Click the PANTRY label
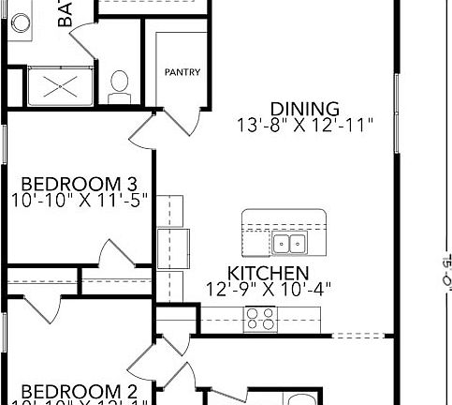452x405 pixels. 182,72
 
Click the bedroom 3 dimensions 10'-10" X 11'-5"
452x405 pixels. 80,200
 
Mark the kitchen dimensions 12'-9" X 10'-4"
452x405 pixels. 270,290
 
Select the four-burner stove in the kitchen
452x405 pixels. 259,320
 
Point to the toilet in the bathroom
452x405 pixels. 120,85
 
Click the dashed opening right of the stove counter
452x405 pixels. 357,336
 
